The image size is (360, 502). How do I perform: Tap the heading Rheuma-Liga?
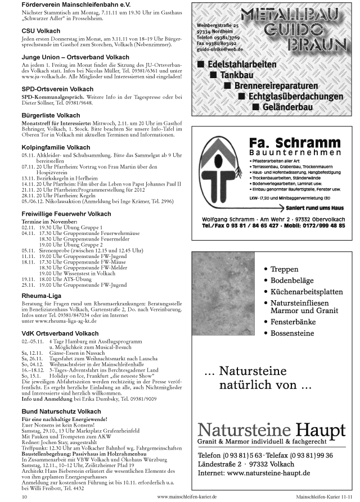click(42, 295)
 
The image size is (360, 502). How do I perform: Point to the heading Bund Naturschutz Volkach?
click(58, 411)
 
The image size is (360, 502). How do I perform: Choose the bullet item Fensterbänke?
click(296, 322)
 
